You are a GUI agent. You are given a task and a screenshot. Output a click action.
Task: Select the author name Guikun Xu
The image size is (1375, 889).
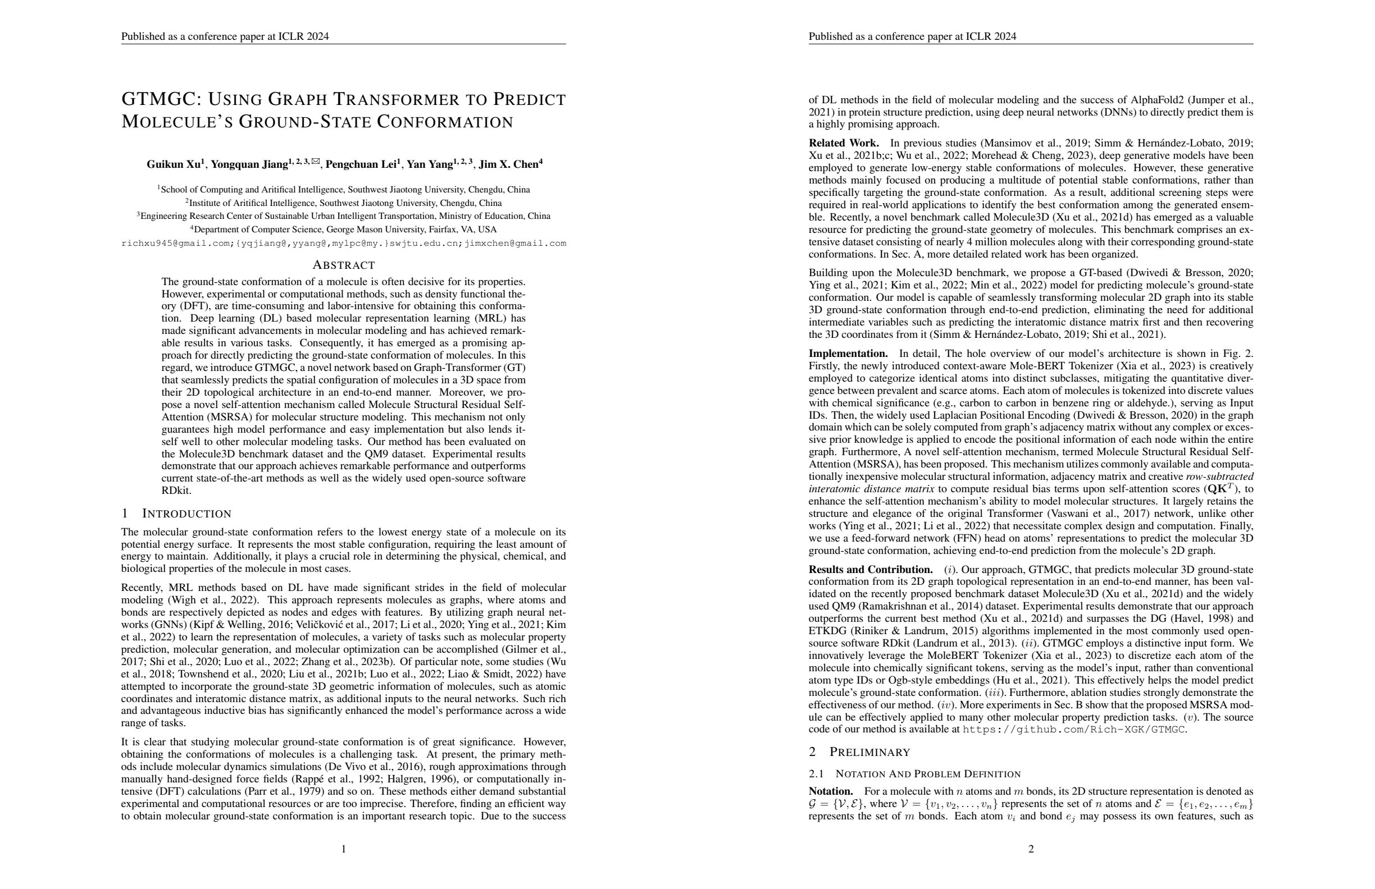(174, 164)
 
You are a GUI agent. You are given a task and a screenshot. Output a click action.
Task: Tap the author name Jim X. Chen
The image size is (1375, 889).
(508, 164)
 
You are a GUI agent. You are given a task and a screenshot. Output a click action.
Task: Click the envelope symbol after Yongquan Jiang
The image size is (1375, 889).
(316, 162)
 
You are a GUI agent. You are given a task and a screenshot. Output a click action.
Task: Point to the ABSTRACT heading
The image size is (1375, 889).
(344, 265)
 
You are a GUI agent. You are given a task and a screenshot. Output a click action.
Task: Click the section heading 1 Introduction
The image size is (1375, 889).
(176, 514)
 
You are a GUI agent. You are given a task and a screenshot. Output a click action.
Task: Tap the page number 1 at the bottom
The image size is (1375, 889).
(344, 849)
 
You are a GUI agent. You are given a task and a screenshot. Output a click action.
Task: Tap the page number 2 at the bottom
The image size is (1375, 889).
(1031, 849)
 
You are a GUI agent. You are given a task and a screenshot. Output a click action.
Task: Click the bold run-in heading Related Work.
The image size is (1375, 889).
(844, 143)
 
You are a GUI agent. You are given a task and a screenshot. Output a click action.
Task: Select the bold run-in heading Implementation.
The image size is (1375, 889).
(848, 353)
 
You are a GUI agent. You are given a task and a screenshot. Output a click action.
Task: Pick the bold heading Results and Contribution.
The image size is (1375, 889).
(870, 570)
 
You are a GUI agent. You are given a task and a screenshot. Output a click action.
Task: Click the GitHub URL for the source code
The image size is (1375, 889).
(1074, 730)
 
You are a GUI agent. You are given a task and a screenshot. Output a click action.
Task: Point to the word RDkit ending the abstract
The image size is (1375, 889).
(176, 491)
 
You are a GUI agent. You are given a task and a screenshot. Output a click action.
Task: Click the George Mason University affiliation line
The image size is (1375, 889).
(344, 230)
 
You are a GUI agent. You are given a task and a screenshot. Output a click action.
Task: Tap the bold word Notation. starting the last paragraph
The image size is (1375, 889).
(830, 791)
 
